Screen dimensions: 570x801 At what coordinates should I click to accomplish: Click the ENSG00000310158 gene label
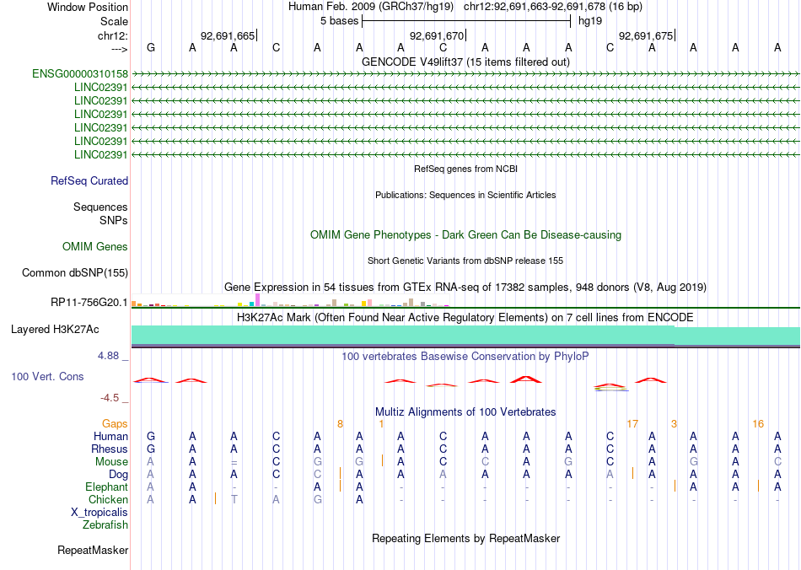click(80, 74)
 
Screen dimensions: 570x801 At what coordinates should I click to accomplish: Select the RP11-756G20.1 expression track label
click(89, 302)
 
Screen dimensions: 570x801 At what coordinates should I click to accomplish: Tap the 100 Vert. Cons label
click(47, 376)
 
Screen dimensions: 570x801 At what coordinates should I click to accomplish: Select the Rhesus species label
click(110, 449)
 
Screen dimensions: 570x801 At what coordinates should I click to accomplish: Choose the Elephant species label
click(107, 487)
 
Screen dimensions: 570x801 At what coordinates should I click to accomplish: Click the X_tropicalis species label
click(99, 513)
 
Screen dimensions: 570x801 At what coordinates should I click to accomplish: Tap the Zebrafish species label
click(105, 525)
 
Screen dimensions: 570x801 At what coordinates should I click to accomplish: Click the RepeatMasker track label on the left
click(93, 551)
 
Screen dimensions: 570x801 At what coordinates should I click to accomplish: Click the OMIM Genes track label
click(95, 247)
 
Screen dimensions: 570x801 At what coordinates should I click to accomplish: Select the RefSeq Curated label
click(89, 180)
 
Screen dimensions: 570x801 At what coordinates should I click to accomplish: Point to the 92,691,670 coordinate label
click(436, 35)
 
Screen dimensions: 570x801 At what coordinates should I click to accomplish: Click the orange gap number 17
click(632, 423)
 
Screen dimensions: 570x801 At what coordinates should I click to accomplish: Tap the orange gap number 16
click(758, 423)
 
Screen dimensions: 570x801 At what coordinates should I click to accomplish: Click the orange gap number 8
click(340, 423)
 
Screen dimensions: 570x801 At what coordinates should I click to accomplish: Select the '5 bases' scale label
click(339, 20)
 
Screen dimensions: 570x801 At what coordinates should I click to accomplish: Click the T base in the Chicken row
click(235, 500)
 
